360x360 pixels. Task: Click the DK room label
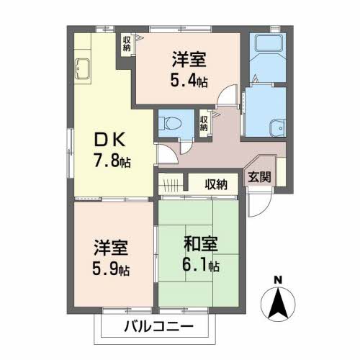tap(110, 140)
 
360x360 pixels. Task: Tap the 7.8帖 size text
tap(112, 161)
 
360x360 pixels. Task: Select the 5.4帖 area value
tap(189, 80)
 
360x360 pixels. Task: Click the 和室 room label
tap(201, 244)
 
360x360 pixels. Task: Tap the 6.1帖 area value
tap(201, 265)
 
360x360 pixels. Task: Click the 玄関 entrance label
tap(259, 177)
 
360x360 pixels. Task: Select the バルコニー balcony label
tap(159, 326)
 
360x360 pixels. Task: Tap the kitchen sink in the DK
tap(82, 68)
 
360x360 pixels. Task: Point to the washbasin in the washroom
tap(277, 128)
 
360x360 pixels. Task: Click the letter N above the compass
tap(278, 280)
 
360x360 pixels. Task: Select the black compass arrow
tap(278, 303)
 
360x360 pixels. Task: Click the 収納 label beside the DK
tap(127, 44)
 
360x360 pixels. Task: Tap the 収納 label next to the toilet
tap(204, 123)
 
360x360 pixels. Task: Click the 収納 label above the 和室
tap(216, 184)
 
